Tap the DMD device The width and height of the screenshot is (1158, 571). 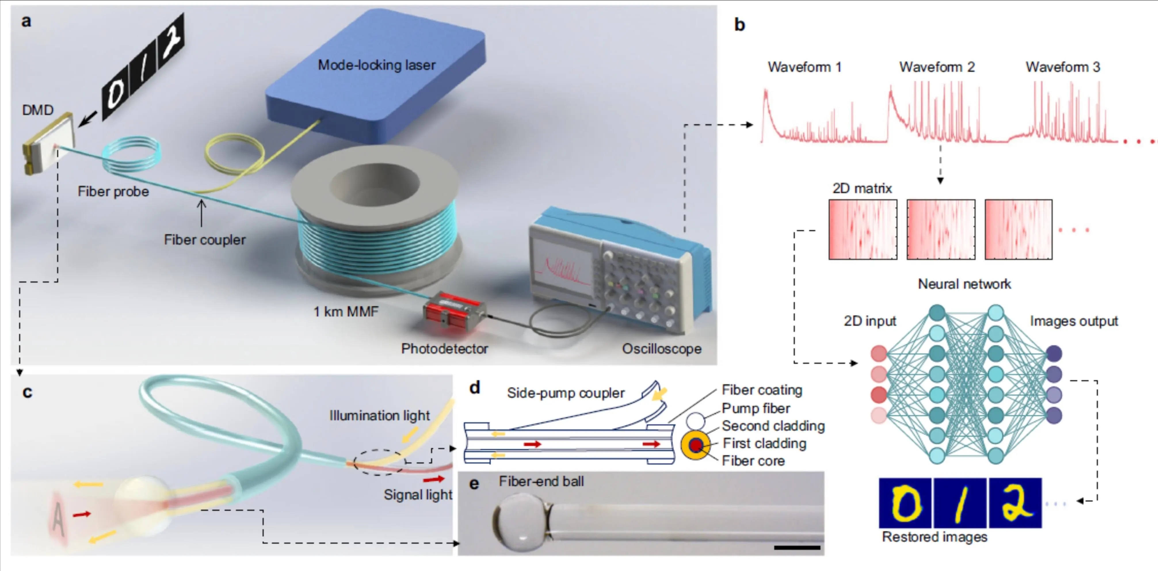point(49,143)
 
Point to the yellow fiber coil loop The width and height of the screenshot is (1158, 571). point(234,155)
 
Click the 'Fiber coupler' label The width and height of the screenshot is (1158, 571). point(205,240)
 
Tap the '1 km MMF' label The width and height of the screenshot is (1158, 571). point(346,311)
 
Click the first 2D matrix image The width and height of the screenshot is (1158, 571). point(863,229)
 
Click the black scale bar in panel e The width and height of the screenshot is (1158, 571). point(797,548)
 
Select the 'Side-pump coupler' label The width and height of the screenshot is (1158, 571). point(566,393)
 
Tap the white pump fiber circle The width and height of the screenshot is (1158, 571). point(695,421)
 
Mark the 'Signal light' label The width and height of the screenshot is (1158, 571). point(418,494)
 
